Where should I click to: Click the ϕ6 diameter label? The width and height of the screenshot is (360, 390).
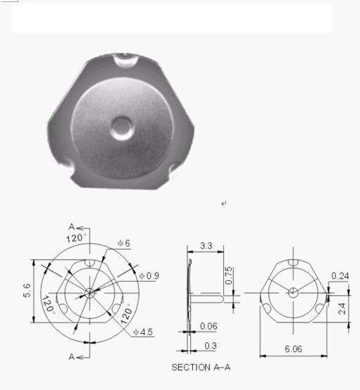(x=124, y=243)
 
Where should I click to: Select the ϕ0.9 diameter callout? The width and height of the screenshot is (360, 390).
(x=149, y=276)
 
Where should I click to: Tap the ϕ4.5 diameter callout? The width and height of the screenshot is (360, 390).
(x=143, y=332)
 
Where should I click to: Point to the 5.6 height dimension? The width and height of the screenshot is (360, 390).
(x=27, y=290)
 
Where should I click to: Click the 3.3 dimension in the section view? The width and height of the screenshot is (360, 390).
(x=206, y=246)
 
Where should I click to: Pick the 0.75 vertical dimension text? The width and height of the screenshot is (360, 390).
(x=228, y=275)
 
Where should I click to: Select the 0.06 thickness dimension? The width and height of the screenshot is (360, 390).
(x=209, y=326)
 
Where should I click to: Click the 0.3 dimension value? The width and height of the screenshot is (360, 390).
(x=211, y=346)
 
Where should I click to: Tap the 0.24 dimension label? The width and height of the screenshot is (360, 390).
(x=340, y=276)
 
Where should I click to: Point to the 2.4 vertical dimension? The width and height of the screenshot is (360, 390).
(x=342, y=308)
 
